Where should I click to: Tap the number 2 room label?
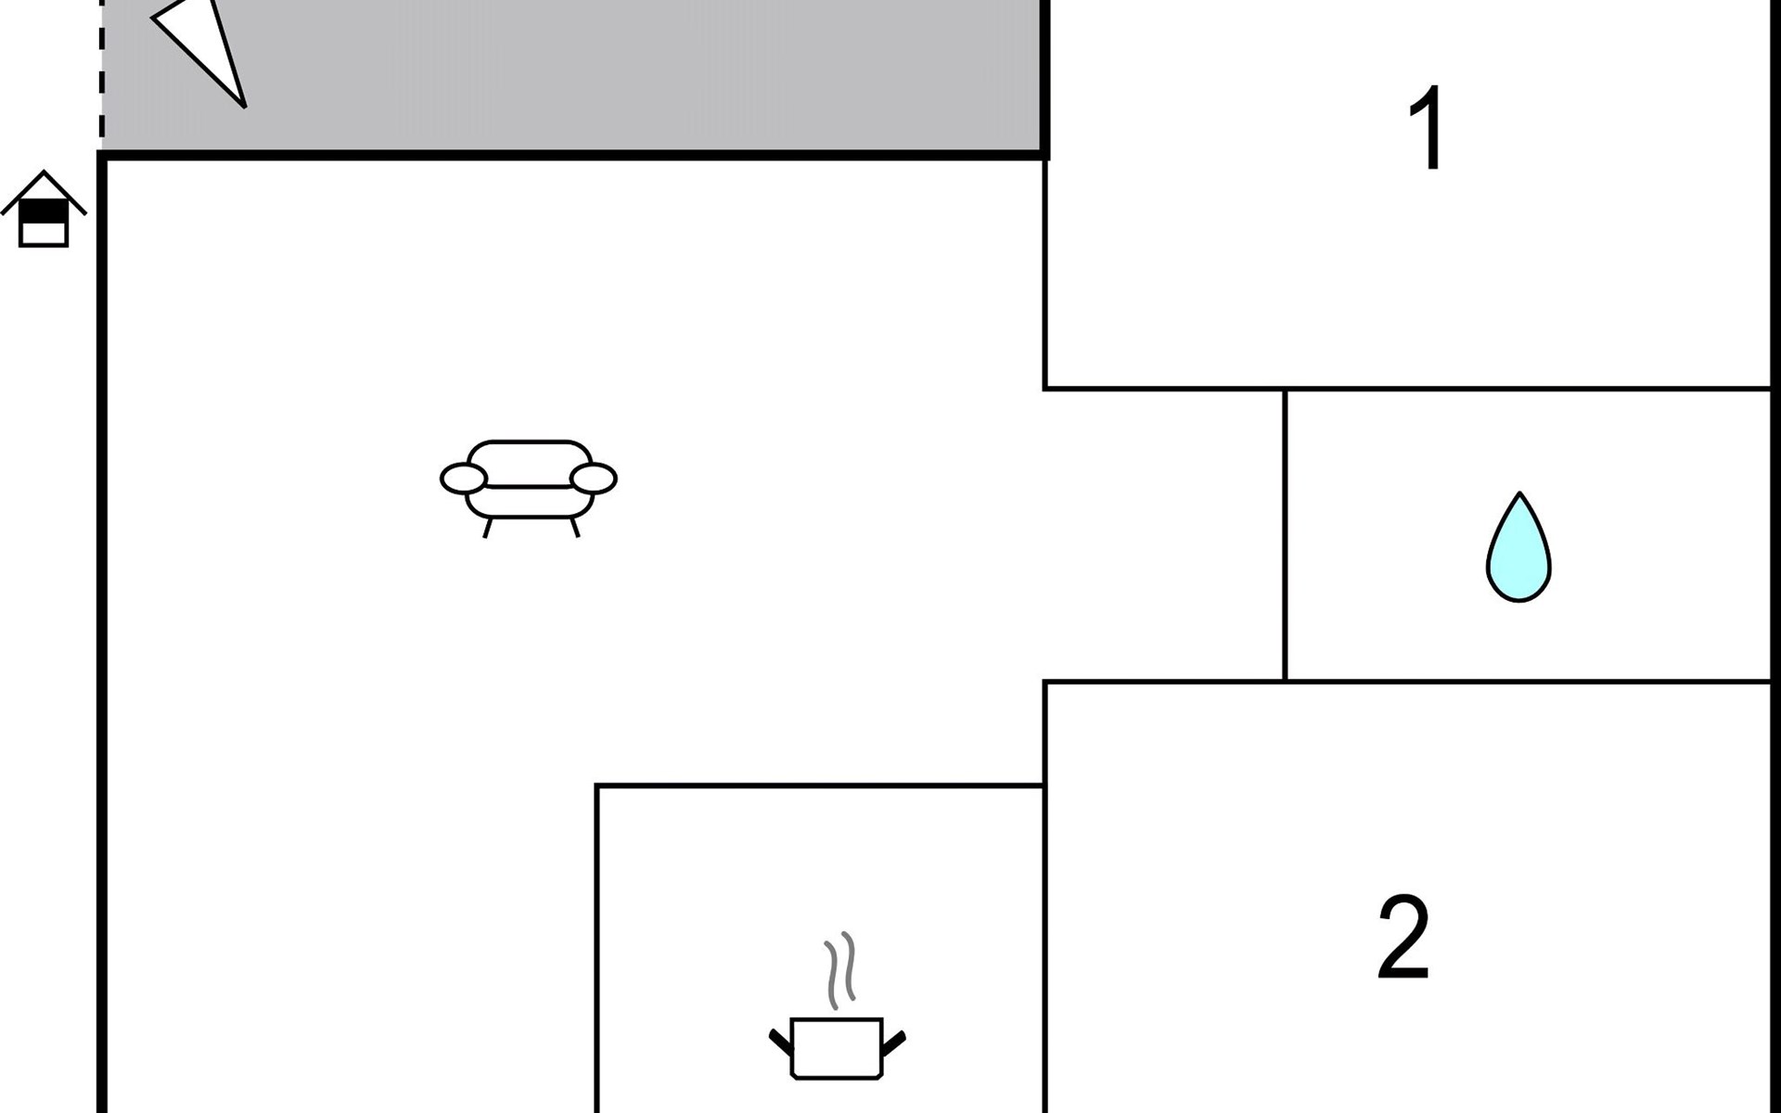[x=1403, y=937]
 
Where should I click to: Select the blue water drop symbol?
[x=1518, y=548]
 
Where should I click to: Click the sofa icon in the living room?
[x=529, y=488]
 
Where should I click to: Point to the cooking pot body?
[x=837, y=1049]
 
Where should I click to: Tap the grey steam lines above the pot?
[x=840, y=970]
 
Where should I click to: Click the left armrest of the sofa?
[x=463, y=479]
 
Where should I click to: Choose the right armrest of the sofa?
[x=594, y=479]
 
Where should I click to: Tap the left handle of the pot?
[x=781, y=1042]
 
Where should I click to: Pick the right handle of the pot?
[x=893, y=1043]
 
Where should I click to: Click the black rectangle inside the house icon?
[x=44, y=212]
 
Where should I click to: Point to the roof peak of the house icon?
[x=44, y=172]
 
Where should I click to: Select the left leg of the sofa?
[x=488, y=528]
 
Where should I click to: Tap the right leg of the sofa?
[x=574, y=528]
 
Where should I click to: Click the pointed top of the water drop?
[x=1519, y=493]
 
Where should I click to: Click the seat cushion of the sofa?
[x=529, y=502]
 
